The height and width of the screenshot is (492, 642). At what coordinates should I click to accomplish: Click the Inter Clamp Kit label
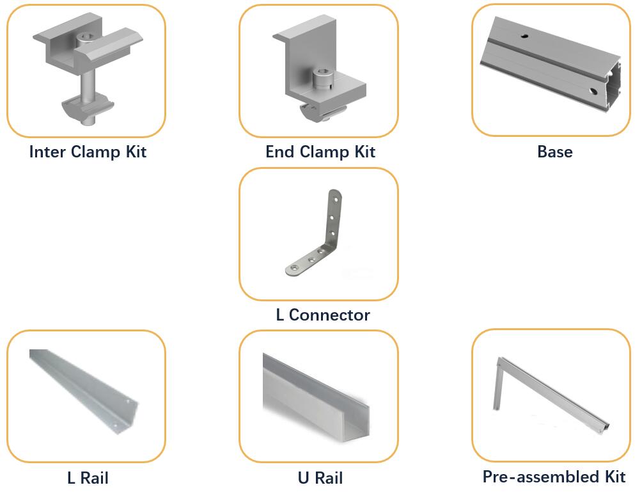88,152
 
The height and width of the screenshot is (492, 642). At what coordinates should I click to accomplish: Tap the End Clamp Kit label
320,152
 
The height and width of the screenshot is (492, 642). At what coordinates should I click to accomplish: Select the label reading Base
554,152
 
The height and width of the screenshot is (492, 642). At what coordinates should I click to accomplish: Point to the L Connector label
322,315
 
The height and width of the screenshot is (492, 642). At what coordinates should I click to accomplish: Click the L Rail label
88,478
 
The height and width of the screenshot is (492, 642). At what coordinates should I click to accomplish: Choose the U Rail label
320,478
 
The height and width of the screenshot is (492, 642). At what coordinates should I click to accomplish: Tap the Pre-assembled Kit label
554,477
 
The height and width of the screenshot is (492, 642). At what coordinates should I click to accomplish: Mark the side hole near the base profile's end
593,91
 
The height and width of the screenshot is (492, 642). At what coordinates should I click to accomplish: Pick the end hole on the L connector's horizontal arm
295,267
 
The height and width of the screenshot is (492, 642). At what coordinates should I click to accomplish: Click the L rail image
83,390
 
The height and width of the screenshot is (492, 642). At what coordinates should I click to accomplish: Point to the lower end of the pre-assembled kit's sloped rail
604,426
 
